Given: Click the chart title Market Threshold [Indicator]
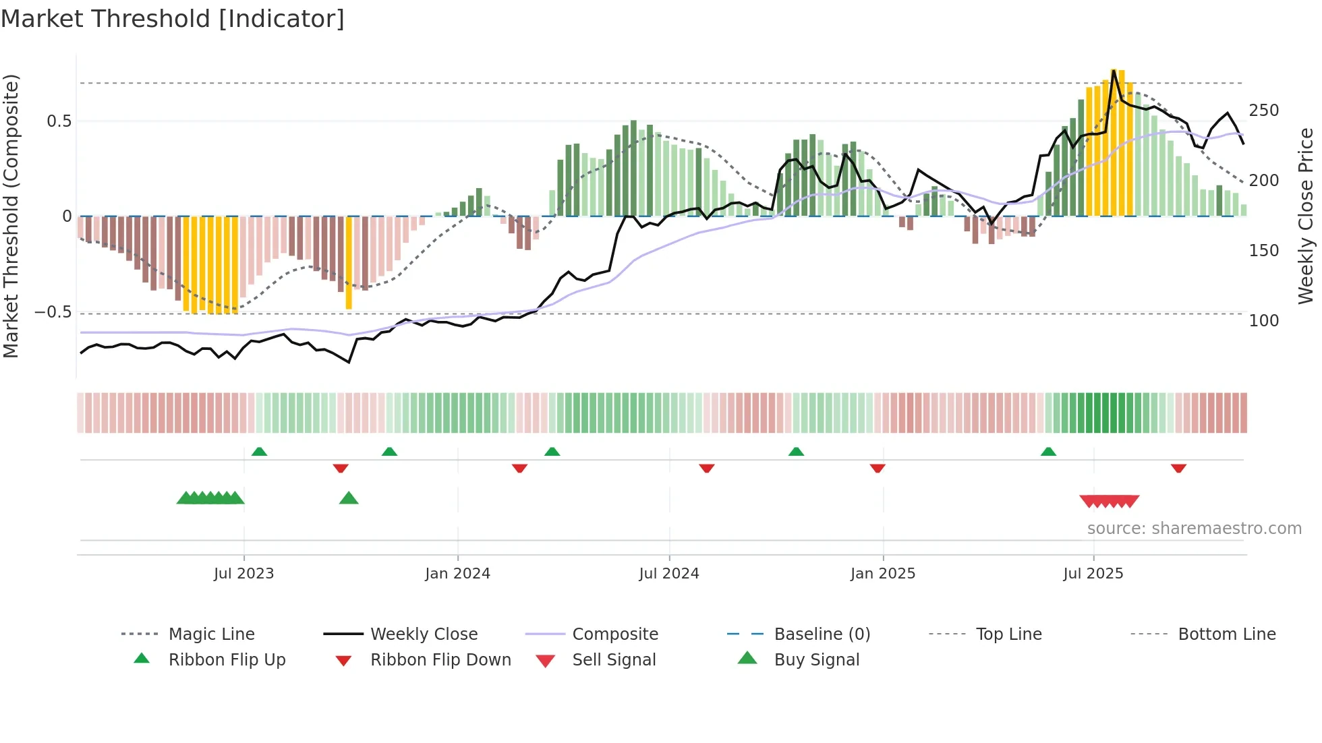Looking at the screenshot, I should pos(173,19).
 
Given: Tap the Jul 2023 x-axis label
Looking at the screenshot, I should pos(243,574).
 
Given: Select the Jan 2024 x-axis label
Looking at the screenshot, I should pos(457,574).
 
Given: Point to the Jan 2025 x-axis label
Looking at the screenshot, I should pos(882,574).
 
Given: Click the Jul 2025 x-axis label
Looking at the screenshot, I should pos(1093,574).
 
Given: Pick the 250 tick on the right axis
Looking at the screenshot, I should pos(1263,111).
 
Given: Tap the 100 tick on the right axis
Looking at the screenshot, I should pos(1263,321).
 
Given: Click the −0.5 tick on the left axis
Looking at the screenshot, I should pos(53,312).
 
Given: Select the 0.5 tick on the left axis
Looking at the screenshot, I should pos(59,121).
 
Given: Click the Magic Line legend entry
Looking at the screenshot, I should pos(211,634).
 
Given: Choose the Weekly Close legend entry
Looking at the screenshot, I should pos(424,634).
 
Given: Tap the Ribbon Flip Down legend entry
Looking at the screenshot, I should pos(440,660).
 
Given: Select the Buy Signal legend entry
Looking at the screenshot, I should pos(816,660).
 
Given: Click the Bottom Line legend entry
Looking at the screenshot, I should pos(1226,634).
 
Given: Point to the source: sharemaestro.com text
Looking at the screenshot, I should pos(1194,529).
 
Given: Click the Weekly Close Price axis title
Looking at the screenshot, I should pos(1306,216).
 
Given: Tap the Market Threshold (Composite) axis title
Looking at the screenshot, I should pos(11,216).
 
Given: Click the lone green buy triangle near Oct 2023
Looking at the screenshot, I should pos(349,498).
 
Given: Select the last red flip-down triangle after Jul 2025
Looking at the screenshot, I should pos(1178,468).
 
